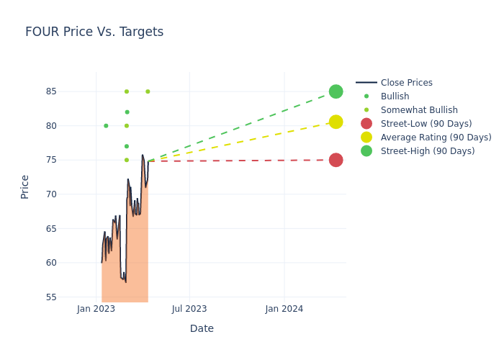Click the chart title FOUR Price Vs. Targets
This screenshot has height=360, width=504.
94,32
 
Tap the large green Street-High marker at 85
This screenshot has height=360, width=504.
336,91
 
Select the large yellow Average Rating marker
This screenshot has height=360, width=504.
336,122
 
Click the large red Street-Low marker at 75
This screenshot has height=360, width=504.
336,160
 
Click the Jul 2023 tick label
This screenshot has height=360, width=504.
189,309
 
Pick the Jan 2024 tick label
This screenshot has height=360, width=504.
284,309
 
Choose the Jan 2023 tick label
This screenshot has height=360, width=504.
96,309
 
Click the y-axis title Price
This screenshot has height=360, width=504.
25,186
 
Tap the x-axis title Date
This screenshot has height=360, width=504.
202,328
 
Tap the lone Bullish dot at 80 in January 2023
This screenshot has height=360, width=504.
106,126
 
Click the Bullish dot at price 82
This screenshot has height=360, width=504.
127,112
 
